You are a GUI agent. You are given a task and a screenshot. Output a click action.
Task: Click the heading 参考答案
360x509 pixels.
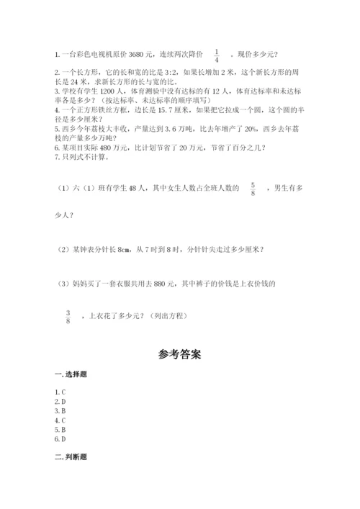pos(179,354)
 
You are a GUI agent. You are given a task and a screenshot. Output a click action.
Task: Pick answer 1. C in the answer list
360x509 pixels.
pos(60,392)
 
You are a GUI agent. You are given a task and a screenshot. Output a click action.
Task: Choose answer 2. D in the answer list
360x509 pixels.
pos(60,401)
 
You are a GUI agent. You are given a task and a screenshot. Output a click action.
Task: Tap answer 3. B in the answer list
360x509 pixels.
pos(60,410)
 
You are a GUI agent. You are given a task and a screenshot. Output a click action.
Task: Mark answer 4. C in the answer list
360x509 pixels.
pos(60,420)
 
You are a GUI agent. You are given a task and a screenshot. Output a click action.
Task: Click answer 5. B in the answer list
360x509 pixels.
pos(60,429)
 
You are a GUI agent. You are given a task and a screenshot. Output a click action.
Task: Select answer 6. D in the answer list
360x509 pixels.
pos(60,438)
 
